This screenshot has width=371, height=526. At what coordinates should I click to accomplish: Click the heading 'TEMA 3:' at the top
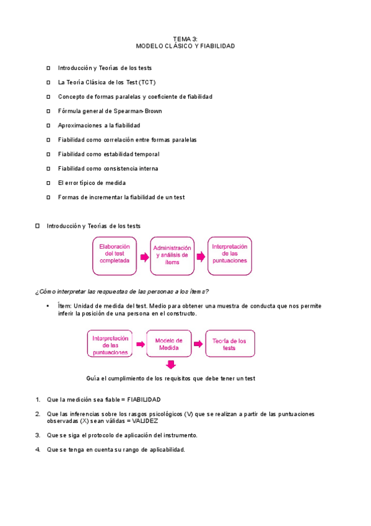click(x=185, y=39)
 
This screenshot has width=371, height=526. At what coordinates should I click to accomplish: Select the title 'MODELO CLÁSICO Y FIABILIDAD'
click(x=185, y=46)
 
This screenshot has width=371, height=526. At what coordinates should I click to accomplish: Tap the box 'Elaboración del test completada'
click(x=115, y=256)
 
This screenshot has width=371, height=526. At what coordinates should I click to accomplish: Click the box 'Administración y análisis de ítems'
click(x=172, y=256)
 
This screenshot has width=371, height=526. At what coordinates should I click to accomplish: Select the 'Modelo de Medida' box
click(x=168, y=344)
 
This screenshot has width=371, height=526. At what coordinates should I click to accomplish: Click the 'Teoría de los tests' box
click(x=229, y=344)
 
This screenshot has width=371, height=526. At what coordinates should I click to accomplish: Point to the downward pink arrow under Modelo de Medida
click(x=170, y=366)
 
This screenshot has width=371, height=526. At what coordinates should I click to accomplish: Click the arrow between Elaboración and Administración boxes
click(x=144, y=256)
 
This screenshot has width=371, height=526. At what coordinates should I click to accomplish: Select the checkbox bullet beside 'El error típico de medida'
click(x=48, y=183)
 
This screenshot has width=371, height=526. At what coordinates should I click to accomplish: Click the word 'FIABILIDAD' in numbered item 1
click(x=144, y=400)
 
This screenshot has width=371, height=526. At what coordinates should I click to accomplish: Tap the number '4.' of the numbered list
click(x=38, y=450)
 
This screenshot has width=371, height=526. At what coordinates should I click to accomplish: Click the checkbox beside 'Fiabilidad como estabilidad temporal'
click(x=48, y=154)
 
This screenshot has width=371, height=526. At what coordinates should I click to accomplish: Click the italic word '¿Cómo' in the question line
click(x=46, y=291)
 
